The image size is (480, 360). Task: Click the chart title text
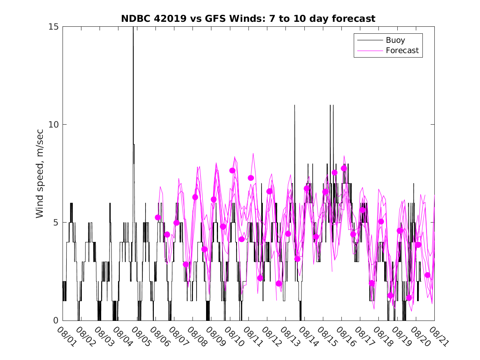coord(248,19)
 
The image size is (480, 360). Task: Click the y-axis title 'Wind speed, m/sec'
coord(40,173)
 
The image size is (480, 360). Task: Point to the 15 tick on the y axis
coord(54,27)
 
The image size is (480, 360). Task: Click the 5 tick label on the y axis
coord(56,222)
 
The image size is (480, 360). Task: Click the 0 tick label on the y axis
coord(56,320)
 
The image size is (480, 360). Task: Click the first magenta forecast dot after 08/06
coord(158,217)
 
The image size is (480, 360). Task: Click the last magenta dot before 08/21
coord(427,275)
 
